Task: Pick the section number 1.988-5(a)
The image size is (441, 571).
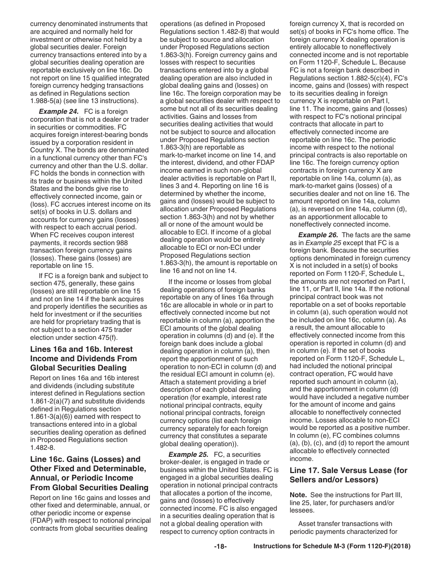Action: click(x=48, y=101)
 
